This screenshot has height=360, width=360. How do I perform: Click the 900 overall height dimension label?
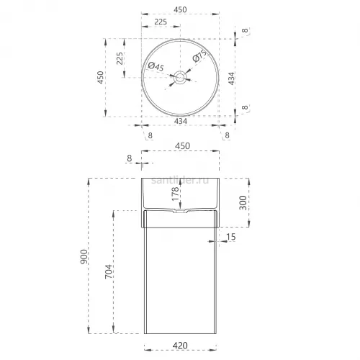84,256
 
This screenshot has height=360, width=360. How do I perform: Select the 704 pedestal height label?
109,271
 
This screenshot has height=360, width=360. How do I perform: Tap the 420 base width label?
180,346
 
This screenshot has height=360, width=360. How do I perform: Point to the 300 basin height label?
243,203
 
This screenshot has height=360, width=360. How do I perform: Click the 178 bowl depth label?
176,194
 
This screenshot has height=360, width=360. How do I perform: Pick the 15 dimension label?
231,237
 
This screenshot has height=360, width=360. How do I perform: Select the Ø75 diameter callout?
199,56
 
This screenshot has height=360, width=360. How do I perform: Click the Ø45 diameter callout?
156,66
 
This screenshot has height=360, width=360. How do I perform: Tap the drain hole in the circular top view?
180,77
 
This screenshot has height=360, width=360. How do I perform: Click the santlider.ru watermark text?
180,181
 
